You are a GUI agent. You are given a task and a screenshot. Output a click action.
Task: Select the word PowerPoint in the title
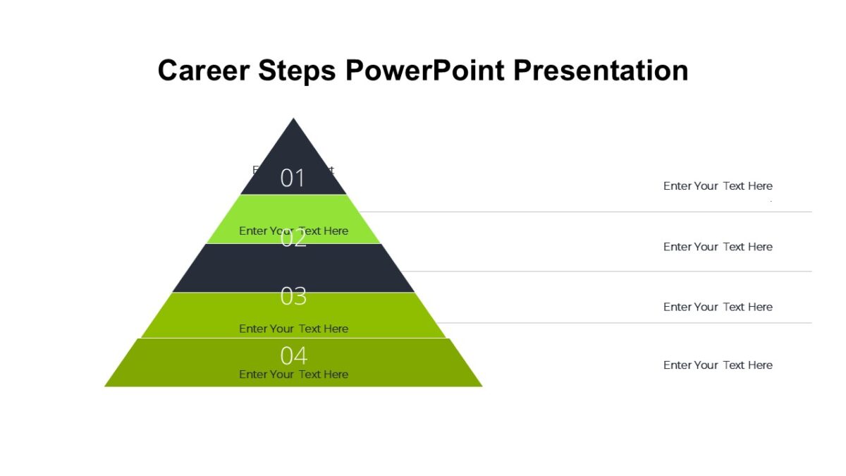tap(425, 71)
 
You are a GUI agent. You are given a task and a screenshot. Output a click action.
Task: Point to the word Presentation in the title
tap(601, 71)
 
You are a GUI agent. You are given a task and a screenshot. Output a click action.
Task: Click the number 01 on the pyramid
tap(293, 178)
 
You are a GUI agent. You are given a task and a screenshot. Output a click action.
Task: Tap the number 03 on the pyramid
tap(293, 297)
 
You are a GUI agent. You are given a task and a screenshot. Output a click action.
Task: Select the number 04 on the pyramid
tap(293, 356)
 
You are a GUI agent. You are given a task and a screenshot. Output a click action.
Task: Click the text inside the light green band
tap(293, 231)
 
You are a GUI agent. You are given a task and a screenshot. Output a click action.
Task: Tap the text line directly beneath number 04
tap(293, 374)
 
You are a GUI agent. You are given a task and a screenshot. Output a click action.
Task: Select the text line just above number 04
tap(293, 329)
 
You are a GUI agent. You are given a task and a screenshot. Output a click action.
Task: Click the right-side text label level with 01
tap(718, 186)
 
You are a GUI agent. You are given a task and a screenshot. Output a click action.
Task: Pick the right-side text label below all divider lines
tap(718, 365)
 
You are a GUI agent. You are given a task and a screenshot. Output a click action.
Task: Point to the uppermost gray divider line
tap(585, 212)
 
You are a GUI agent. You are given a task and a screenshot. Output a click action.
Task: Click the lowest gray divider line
tap(627, 323)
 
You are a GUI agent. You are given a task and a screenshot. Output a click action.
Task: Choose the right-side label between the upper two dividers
tap(718, 247)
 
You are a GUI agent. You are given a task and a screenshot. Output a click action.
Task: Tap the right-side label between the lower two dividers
tap(718, 307)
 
